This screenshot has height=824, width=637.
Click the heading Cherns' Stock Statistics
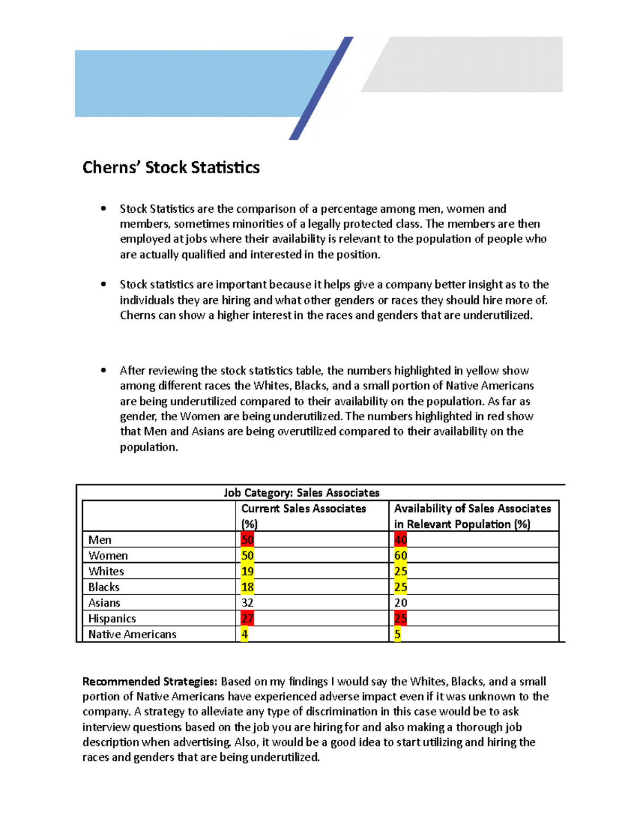[171, 168]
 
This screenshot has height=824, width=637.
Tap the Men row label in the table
[100, 540]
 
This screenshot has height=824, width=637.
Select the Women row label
[108, 556]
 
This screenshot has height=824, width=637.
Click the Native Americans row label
[132, 634]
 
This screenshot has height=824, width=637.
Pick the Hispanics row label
[112, 619]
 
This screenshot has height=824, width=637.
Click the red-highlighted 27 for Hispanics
[247, 619]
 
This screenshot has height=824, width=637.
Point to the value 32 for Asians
[247, 603]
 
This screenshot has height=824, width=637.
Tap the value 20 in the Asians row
[401, 603]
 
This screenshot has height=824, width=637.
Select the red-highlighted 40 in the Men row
[401, 540]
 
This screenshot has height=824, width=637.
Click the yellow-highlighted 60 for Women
[401, 556]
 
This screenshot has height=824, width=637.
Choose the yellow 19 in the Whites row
[247, 571]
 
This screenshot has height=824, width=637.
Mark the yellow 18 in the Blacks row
[247, 587]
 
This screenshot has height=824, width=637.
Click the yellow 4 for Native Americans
[245, 634]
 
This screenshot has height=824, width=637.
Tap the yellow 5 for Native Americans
[398, 634]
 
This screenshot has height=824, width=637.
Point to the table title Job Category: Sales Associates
[302, 493]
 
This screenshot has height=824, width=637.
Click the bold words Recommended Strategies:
[150, 681]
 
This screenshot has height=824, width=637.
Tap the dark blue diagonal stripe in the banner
[321, 88]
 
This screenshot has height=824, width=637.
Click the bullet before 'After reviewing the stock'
[104, 370]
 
